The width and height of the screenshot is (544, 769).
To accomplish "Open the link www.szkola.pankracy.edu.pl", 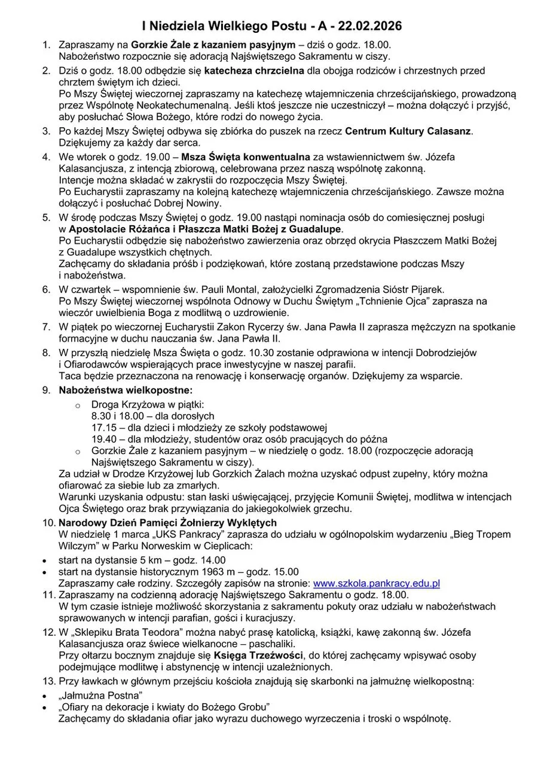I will tap(377, 583).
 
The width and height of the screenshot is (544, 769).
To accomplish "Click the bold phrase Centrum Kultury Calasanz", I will tap(409, 131).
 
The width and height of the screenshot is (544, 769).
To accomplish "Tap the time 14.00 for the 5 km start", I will tap(213, 560).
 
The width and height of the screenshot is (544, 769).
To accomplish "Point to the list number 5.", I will tap(46, 217).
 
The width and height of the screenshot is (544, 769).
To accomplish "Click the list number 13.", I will tap(48, 681).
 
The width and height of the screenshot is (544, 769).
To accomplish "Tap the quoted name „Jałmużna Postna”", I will tap(100, 695).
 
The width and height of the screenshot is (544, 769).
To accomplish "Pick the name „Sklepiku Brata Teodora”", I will tap(123, 632).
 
